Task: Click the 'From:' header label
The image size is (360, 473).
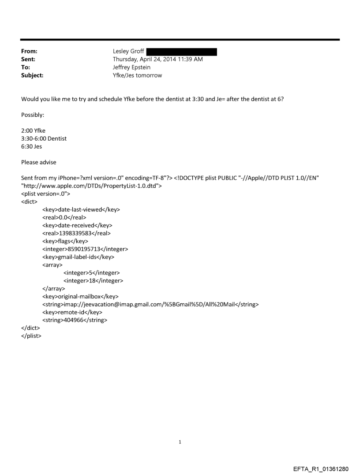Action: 30,52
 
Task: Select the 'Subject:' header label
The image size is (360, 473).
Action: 32,75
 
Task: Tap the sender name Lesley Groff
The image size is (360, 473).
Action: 128,52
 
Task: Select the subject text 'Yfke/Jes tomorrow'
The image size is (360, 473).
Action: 137,75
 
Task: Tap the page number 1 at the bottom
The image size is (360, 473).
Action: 180,430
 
